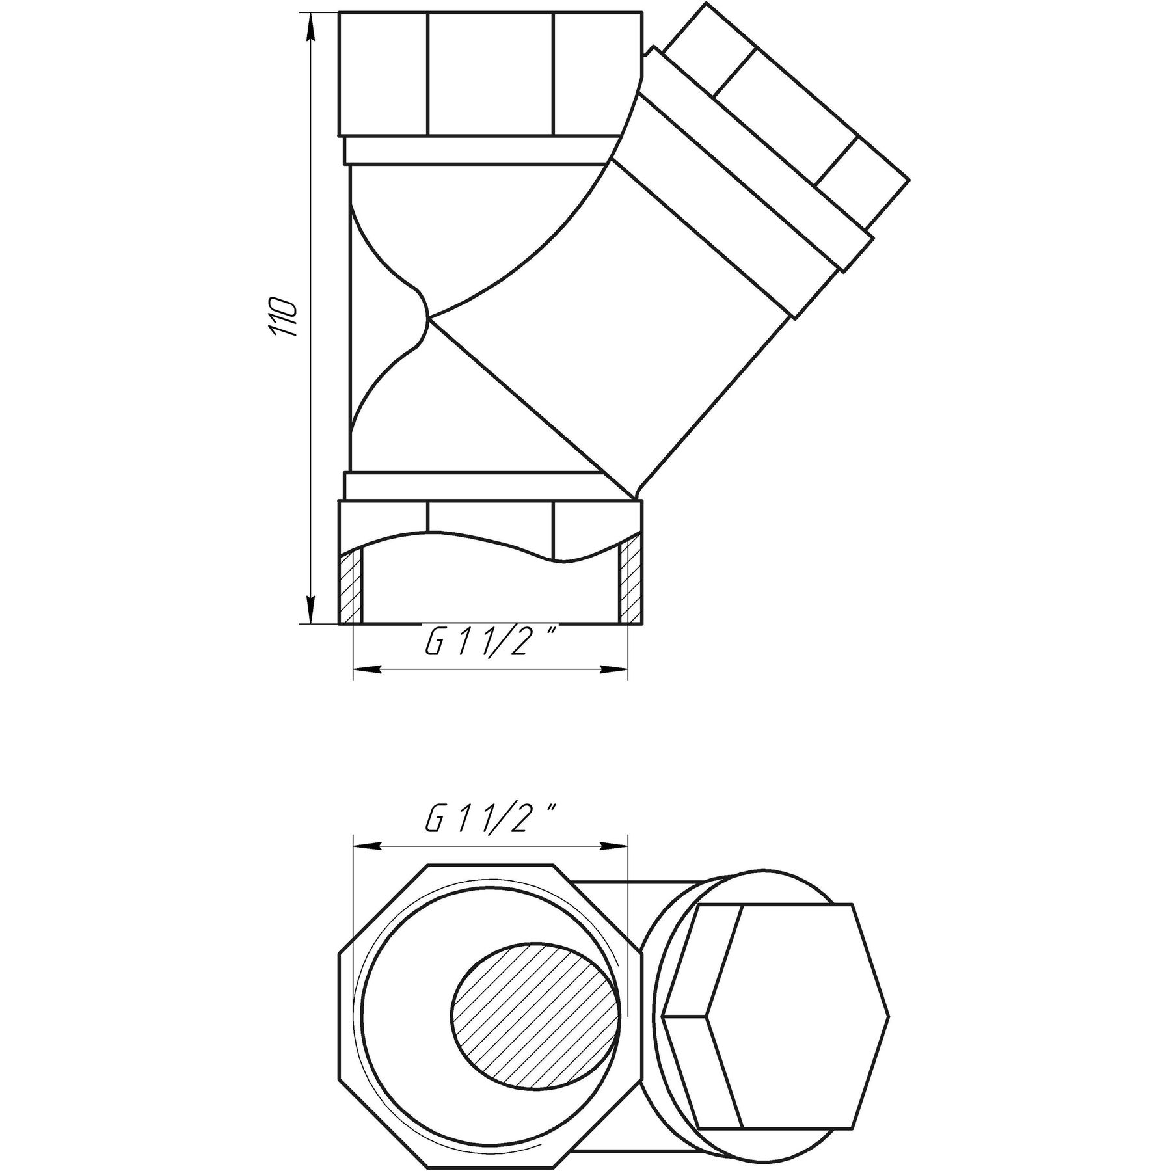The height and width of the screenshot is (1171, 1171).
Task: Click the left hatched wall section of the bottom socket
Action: pos(350,585)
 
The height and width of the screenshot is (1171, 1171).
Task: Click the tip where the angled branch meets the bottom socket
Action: pos(635,498)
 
